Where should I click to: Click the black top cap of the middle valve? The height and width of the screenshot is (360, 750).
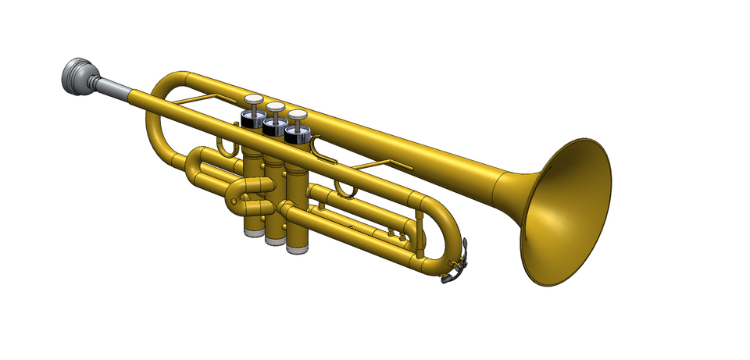[x=273, y=128]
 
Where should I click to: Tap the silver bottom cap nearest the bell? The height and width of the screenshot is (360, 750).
[x=297, y=248]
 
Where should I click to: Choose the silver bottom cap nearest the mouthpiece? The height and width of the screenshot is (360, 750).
[x=252, y=230]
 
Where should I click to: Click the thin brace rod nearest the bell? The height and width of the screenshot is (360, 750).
[x=383, y=163]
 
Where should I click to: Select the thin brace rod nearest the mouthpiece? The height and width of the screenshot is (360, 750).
[x=195, y=101]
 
